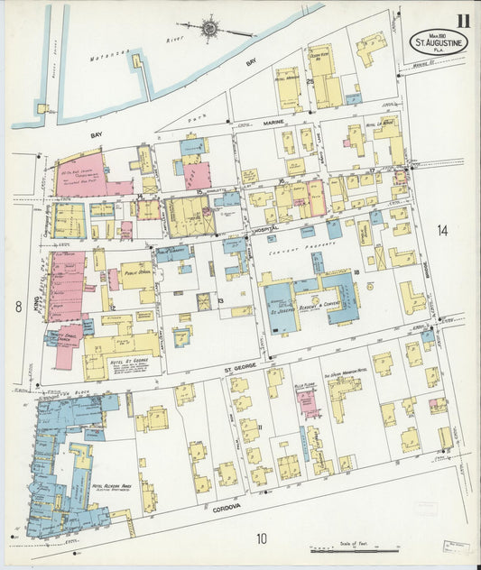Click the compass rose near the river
[209, 28]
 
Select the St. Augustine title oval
[439, 41]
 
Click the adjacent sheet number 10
[261, 538]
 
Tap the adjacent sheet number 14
[442, 231]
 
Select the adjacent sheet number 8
[17, 307]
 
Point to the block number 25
[310, 83]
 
